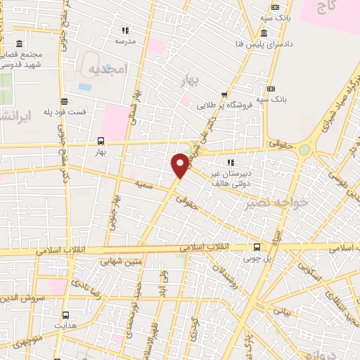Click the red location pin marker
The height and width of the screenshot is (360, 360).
point(180,165)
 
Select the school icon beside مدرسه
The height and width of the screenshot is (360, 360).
point(125,30)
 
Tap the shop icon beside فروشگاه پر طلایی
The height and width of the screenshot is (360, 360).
point(224,95)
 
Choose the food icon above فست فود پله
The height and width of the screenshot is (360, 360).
point(65,101)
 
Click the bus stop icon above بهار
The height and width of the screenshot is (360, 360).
point(100,140)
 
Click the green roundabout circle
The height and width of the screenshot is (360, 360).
point(304,149)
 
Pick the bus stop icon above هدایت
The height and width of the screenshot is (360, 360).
point(65,315)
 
